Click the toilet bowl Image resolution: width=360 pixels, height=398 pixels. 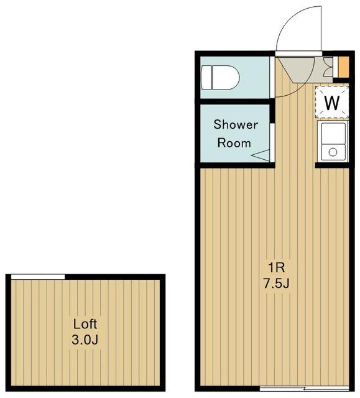pos(226,77)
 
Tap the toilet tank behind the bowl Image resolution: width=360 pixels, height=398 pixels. pos(206,77)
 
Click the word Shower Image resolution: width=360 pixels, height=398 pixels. pos(236,124)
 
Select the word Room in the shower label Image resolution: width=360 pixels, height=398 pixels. pos(234,143)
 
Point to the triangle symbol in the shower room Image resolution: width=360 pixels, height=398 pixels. pos(261,155)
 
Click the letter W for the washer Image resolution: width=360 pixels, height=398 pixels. pos(332,103)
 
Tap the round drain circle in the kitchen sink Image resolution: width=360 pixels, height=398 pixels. pos(333,152)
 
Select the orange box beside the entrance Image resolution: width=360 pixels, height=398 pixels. pos(344,67)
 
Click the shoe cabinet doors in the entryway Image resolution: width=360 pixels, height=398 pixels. pos(328,67)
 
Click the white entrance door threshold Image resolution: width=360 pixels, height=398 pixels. pos(298,53)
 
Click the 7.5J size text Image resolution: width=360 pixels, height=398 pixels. pos(277,284)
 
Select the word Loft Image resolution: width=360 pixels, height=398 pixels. pos(85,324)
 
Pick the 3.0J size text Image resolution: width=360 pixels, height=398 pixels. pos(85,340)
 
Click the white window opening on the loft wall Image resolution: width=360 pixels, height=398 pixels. pos(38,277)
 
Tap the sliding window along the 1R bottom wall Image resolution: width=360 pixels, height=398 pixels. pos(305,388)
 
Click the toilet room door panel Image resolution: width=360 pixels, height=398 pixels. pos(272,77)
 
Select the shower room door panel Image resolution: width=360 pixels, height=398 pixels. pos(272,142)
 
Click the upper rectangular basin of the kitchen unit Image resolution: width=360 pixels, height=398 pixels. pos(333,133)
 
